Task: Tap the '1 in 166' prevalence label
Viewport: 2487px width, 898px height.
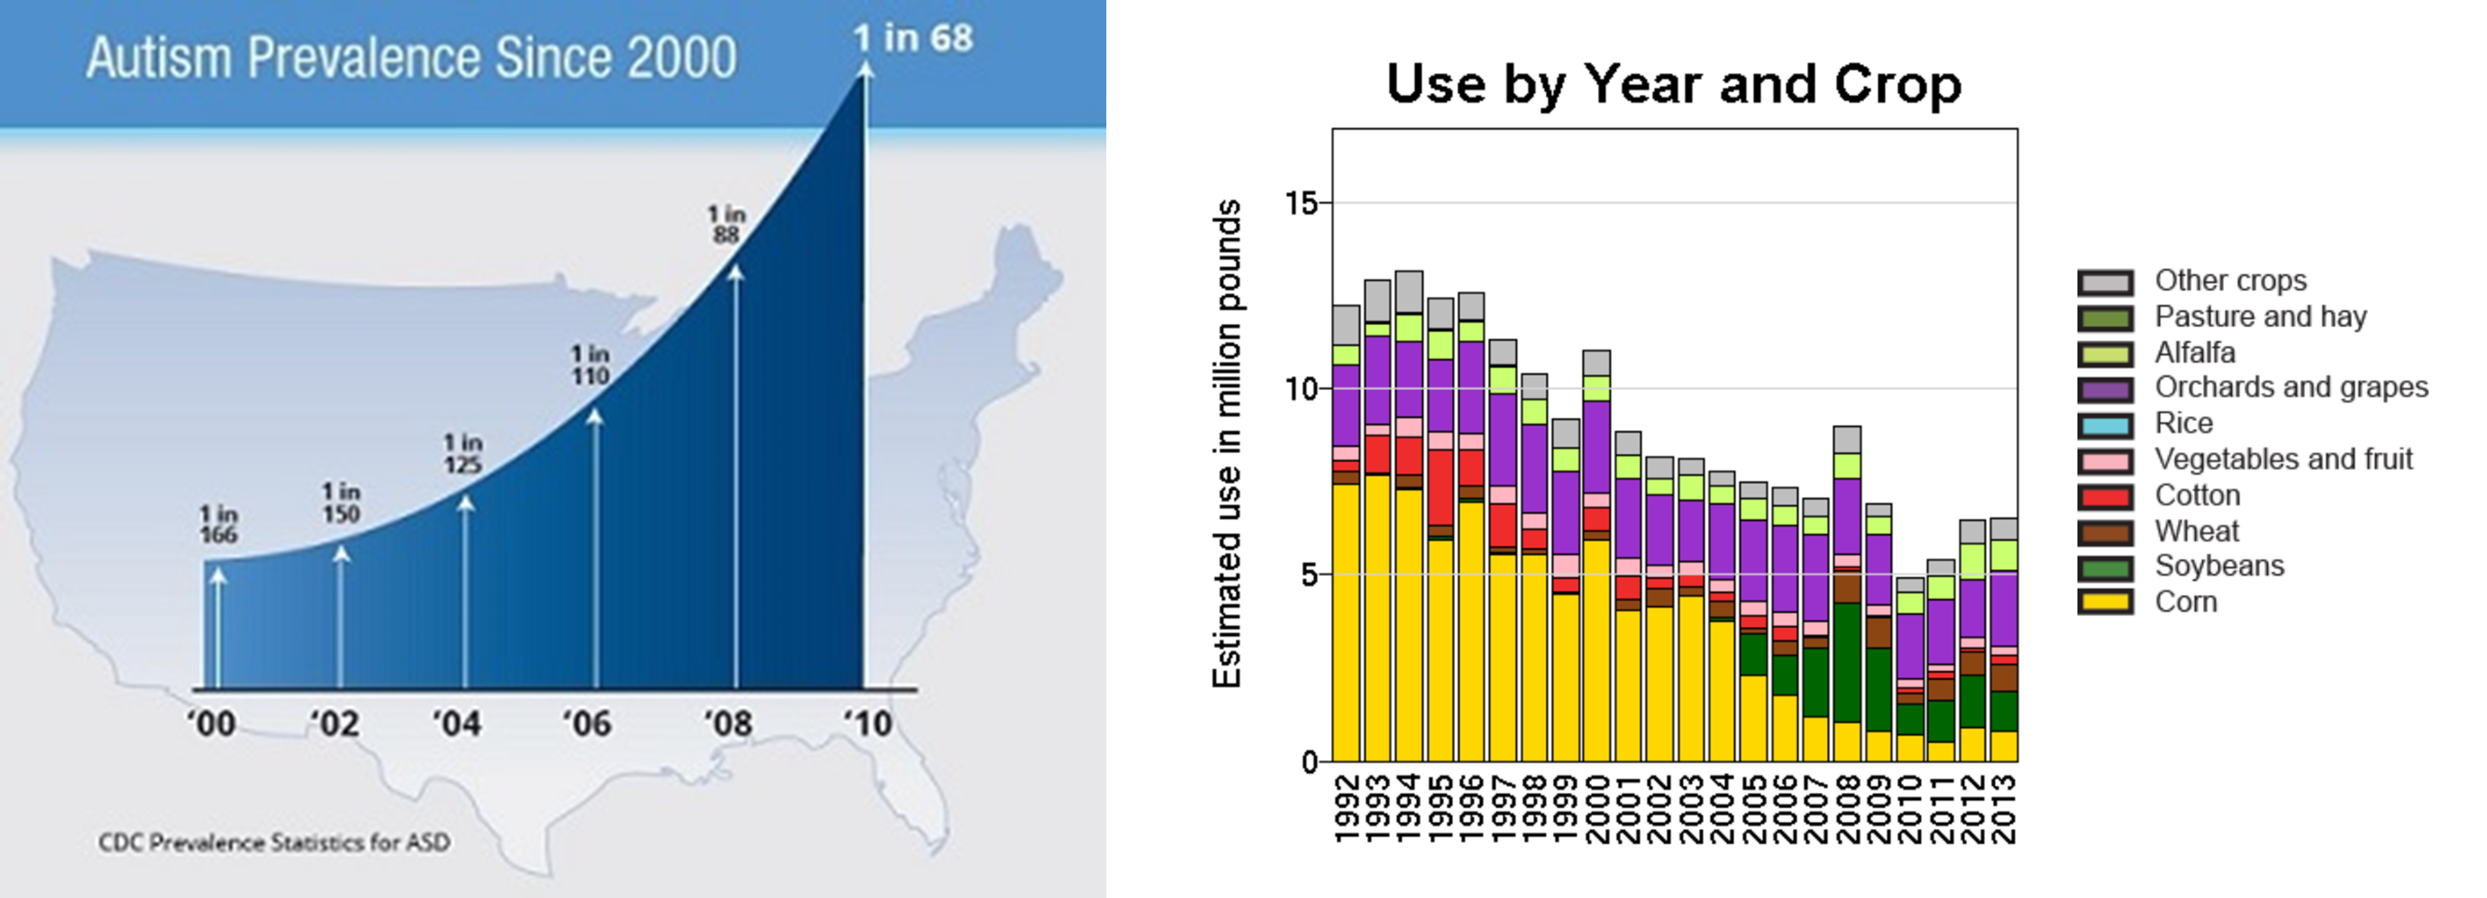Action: (218, 524)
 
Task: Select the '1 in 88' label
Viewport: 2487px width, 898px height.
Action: (726, 224)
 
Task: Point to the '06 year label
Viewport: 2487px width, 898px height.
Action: (586, 723)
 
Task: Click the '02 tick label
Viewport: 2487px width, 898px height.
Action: (334, 723)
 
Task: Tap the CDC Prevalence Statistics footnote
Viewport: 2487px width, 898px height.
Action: (274, 842)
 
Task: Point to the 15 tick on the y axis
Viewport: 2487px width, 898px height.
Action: (1301, 203)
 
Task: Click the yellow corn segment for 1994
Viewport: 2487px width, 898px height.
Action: (1408, 626)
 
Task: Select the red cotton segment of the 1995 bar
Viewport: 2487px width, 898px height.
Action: (1441, 488)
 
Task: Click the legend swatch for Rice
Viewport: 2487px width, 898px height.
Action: (2105, 425)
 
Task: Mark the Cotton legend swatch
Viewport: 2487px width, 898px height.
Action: (2105, 496)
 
